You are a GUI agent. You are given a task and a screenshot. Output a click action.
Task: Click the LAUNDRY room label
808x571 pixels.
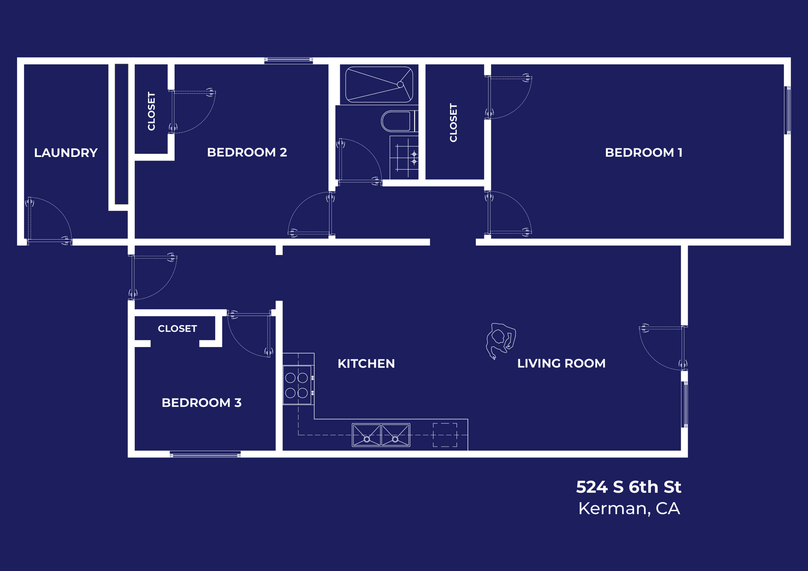(x=66, y=153)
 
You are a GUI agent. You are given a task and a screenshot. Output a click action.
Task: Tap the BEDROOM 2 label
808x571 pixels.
(x=247, y=152)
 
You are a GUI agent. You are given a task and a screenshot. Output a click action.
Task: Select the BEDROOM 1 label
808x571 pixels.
(x=643, y=152)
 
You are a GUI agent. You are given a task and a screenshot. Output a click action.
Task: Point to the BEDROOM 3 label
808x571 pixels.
(x=201, y=402)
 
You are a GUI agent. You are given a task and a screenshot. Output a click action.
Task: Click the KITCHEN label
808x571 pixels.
(x=366, y=363)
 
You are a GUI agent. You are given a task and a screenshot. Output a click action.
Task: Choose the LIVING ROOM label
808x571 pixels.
(x=561, y=363)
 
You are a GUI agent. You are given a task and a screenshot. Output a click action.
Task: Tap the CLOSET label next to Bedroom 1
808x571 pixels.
(x=453, y=123)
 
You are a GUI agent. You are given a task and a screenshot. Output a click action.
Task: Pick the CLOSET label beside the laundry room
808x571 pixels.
(x=151, y=111)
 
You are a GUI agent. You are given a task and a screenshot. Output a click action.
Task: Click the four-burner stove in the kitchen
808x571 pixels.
(x=297, y=385)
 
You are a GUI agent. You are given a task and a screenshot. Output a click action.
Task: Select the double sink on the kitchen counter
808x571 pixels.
(x=381, y=435)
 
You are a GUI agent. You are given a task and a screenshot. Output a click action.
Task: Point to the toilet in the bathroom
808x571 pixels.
(x=397, y=121)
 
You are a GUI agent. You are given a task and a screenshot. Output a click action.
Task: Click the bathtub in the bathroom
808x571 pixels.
(x=379, y=85)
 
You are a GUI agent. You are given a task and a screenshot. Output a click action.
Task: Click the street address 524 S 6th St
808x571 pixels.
(x=629, y=487)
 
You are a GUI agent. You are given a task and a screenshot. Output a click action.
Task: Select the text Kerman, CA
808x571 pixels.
(x=629, y=508)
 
